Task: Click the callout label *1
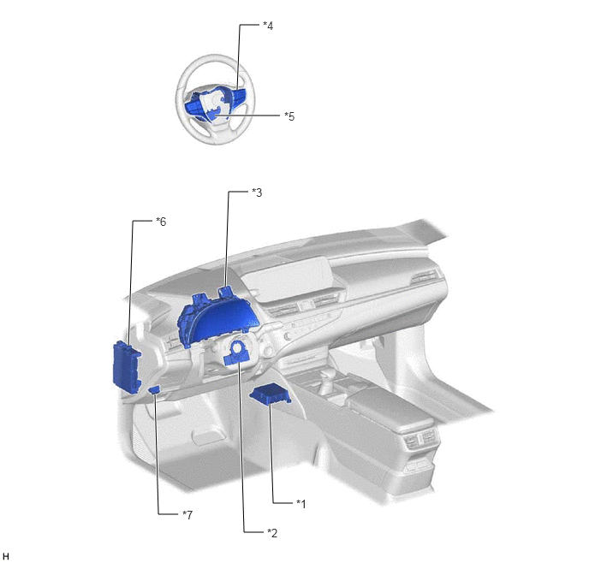point(300,504)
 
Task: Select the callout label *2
point(272,532)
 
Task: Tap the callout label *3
point(257,193)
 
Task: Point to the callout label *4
point(268,26)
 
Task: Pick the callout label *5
point(289,116)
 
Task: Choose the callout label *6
point(161,222)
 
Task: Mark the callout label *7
point(187,515)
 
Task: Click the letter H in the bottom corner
point(6,556)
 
